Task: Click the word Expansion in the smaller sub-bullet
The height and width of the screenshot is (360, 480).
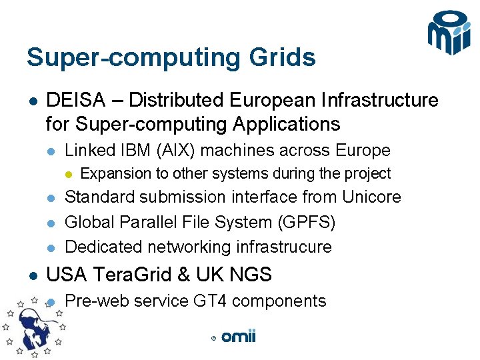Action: click(115, 173)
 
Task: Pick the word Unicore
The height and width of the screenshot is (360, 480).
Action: click(371, 197)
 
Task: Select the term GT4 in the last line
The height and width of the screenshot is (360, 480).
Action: click(211, 301)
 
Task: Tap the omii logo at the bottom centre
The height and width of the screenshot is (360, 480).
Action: click(238, 337)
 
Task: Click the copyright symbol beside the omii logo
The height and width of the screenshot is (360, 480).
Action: click(213, 339)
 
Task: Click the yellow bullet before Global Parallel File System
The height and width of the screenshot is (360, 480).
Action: click(50, 222)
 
